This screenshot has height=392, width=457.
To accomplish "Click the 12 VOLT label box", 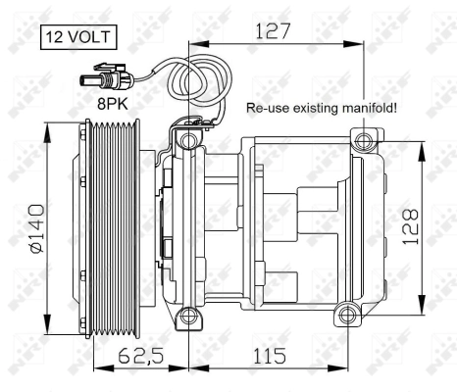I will coord(76,39).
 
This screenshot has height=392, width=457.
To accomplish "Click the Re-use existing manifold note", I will coord(321,108).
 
